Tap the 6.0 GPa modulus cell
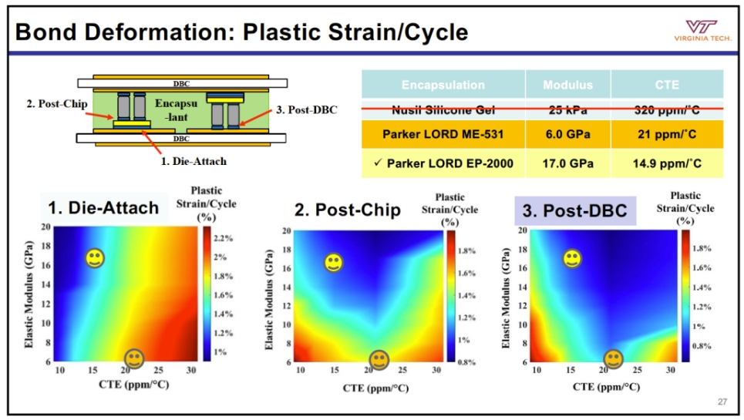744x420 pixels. (567, 134)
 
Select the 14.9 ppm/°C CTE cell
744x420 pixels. (667, 163)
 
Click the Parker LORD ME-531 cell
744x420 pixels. (443, 134)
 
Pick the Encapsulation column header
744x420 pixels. (443, 85)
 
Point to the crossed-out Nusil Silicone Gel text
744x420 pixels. (443, 109)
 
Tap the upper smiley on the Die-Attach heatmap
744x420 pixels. (95, 258)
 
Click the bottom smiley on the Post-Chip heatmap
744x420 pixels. (379, 359)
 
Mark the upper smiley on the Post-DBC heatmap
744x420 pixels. (572, 259)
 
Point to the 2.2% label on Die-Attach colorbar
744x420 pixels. (223, 237)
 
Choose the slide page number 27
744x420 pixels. (722, 401)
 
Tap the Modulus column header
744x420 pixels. (567, 85)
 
